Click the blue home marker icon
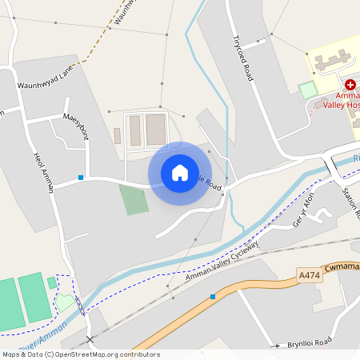click(x=180, y=173)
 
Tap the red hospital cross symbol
click(x=350, y=84)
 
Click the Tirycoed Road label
click(x=242, y=58)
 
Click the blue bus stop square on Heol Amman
click(x=81, y=177)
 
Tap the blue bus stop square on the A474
click(x=213, y=297)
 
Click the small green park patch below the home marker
click(x=134, y=199)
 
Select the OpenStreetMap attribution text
click(x=80, y=354)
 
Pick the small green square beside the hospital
click(x=308, y=90)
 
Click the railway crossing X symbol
click(x=90, y=340)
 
